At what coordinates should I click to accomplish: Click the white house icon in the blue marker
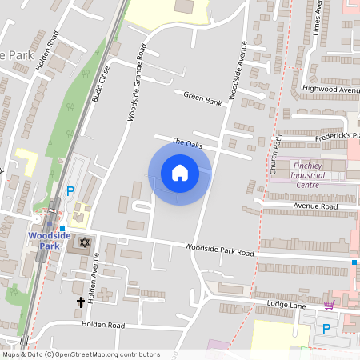pos(180,172)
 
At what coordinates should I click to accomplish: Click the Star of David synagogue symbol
pos(86,242)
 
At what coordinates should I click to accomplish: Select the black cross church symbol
pos(80,302)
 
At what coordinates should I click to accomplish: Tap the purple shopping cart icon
pos(329,305)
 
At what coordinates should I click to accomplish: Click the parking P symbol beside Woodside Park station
pos(70,191)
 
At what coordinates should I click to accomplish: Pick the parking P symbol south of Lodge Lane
pos(326,328)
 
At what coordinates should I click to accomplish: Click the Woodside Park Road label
pos(218,251)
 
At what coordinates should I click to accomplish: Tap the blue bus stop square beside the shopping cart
pos(354,262)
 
